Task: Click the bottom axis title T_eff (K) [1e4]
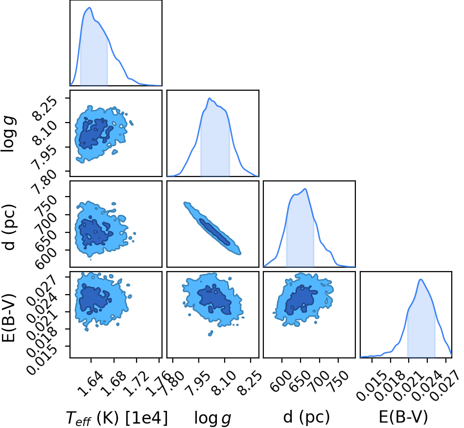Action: point(116,418)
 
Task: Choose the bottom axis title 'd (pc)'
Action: point(306,417)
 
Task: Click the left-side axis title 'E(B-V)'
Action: point(8,318)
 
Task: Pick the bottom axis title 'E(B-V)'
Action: point(403,417)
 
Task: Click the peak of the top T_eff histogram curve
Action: point(90,8)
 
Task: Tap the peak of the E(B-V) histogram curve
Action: point(420,279)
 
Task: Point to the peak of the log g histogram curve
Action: point(209,98)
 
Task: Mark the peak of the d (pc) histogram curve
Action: point(305,189)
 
